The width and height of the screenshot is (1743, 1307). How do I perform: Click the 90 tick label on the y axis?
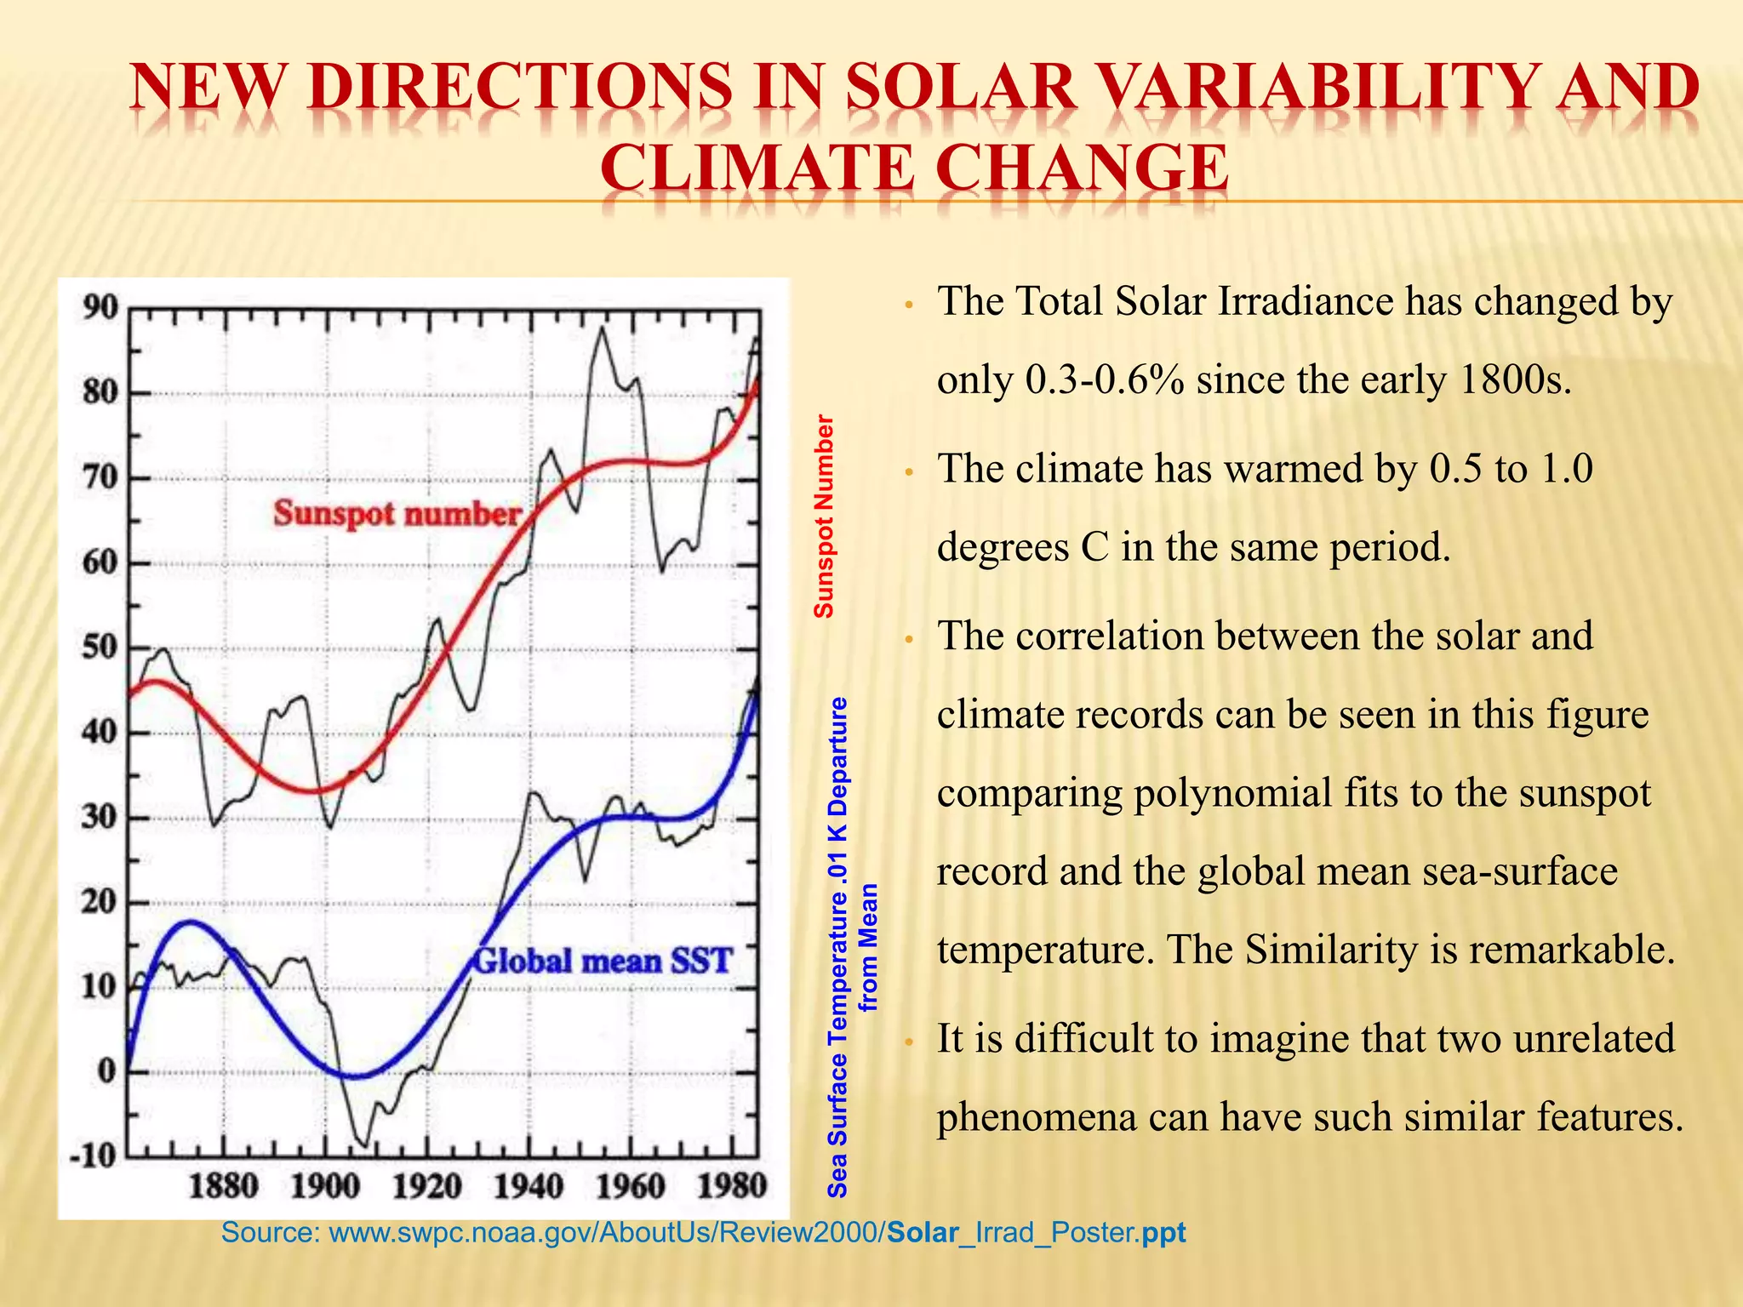tap(100, 308)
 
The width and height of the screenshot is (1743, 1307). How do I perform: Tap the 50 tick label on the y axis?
tap(100, 648)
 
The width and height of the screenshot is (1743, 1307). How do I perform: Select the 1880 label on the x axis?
tap(223, 1185)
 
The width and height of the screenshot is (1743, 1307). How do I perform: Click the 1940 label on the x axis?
tap(529, 1185)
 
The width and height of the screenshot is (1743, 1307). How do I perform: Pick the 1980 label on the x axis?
tap(732, 1185)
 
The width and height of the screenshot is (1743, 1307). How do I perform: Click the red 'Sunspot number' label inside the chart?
tap(397, 513)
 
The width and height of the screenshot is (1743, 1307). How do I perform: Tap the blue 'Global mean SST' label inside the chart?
tap(602, 962)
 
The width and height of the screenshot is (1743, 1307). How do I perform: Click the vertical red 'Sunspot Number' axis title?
tap(824, 516)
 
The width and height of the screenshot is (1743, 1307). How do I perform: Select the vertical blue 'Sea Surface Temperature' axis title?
tap(838, 946)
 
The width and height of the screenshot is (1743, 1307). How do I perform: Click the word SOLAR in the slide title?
tap(961, 88)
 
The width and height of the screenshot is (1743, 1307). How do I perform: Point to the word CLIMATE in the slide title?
tap(757, 168)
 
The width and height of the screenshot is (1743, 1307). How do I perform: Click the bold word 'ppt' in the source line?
tap(1163, 1232)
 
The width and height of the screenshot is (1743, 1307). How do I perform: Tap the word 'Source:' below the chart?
tap(270, 1232)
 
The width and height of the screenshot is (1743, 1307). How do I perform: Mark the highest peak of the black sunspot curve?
tap(602, 328)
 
